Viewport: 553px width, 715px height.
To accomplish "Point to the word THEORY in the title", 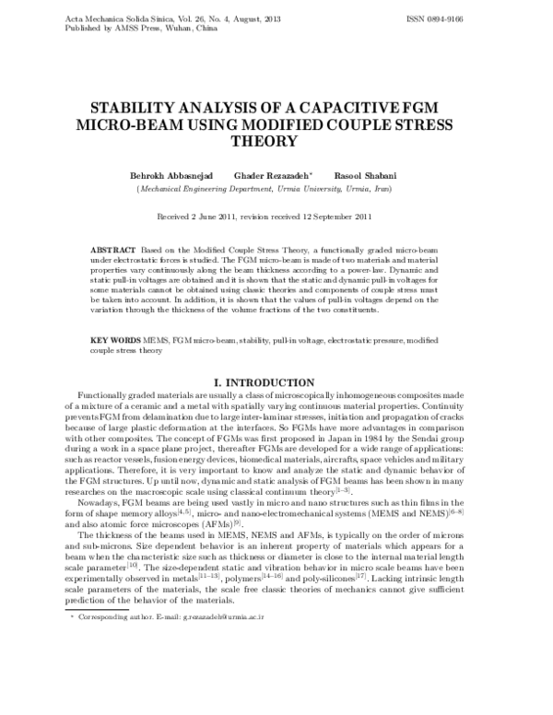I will coord(276,142).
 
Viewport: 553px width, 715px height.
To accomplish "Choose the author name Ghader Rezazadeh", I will coord(272,175).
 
